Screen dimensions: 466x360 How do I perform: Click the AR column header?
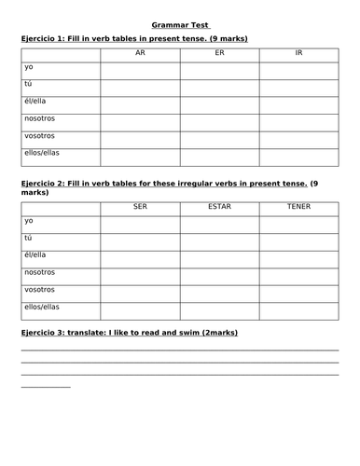tap(140, 53)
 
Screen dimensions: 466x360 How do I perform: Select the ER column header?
tap(219, 53)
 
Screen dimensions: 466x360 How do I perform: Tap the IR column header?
tap(298, 53)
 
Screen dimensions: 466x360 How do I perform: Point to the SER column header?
tap(140, 205)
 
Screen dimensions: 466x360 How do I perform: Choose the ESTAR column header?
tap(219, 205)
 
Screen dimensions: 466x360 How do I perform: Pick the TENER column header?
tap(298, 205)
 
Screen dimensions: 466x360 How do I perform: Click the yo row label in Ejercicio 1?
tap(29, 69)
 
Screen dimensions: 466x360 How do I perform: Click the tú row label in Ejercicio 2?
tap(29, 239)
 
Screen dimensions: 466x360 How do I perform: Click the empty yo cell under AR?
tap(140, 71)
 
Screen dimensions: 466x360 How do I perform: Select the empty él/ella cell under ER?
tap(219, 104)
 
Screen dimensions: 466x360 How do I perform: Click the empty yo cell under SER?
tap(140, 223)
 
